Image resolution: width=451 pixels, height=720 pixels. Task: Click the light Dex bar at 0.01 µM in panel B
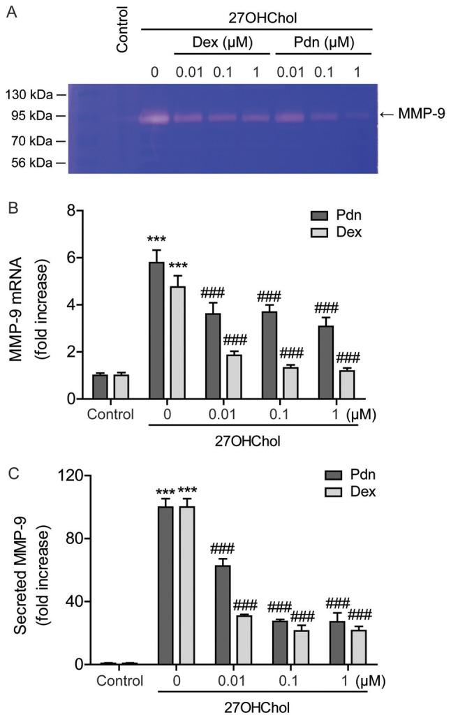(233, 377)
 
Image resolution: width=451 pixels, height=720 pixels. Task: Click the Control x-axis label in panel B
(110, 415)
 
